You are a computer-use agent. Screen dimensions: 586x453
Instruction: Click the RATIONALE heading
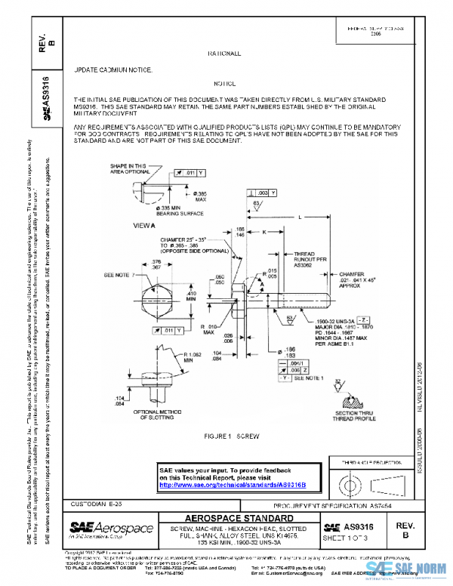tap(224, 54)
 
